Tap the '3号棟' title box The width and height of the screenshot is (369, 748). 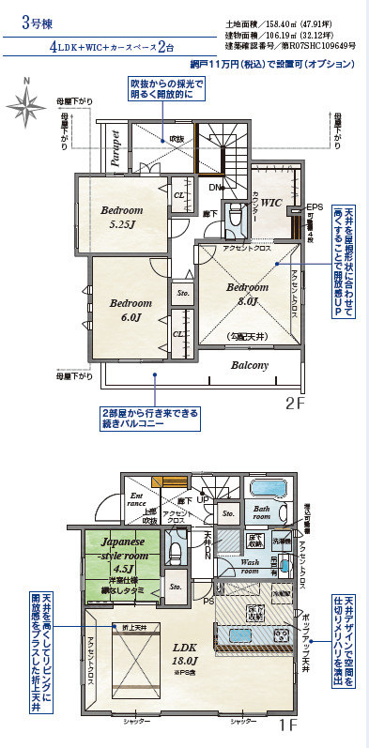[x=38, y=24]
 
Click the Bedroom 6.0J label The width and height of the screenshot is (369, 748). [x=130, y=310]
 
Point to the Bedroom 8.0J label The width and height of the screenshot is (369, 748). [x=248, y=294]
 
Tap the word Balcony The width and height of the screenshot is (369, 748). [x=250, y=365]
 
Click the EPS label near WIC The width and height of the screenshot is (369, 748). [x=315, y=206]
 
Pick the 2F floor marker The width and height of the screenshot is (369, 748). [x=295, y=405]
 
